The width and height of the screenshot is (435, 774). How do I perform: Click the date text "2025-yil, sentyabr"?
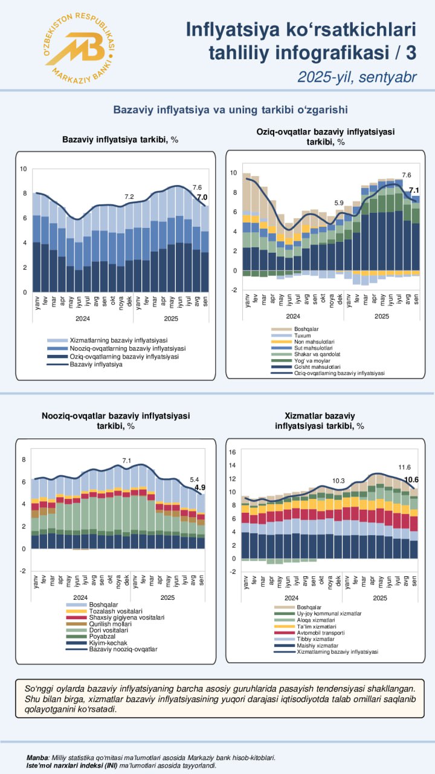point(356,77)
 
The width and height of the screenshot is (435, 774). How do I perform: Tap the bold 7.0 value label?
point(202,197)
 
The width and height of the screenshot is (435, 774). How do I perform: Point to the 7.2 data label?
point(129,197)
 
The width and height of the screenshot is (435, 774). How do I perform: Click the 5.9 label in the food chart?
point(338,203)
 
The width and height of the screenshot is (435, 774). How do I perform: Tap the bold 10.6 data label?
point(412,480)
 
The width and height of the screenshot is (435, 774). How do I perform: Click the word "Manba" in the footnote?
point(37,757)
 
